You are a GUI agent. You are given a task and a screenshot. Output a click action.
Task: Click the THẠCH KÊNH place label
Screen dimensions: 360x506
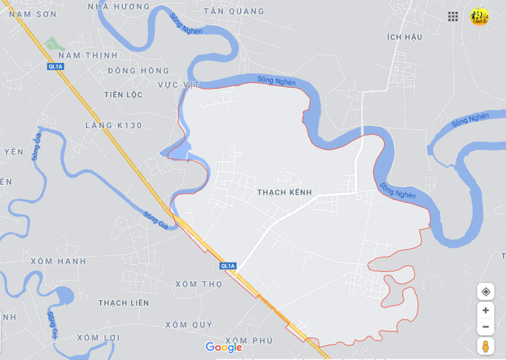(x=284, y=192)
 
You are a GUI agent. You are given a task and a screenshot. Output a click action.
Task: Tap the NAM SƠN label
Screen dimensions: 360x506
(x=32, y=14)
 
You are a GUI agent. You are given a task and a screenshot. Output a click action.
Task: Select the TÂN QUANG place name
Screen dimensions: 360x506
(x=234, y=11)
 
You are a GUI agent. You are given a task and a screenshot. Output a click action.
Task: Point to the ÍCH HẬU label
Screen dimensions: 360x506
(x=405, y=37)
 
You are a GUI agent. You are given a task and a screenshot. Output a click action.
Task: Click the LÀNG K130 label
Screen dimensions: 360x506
(x=114, y=126)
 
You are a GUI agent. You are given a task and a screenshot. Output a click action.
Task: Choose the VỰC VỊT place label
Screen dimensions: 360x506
(x=179, y=85)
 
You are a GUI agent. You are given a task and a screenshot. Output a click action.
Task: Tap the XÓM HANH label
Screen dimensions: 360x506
(x=59, y=261)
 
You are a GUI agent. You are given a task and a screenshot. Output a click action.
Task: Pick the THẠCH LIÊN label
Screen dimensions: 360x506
(x=124, y=303)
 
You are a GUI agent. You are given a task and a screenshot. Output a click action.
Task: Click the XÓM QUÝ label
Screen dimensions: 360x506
(x=189, y=325)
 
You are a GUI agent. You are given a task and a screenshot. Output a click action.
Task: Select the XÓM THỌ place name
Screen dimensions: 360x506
(x=199, y=284)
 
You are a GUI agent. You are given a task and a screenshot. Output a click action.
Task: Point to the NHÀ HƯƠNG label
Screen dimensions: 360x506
(x=119, y=7)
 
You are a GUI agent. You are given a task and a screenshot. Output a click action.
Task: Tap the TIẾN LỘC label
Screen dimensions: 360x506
(x=124, y=95)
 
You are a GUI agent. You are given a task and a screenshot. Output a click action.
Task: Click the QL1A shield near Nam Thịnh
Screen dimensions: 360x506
(x=55, y=66)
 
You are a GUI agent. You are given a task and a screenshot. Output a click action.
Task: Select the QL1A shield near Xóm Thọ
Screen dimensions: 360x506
(x=228, y=266)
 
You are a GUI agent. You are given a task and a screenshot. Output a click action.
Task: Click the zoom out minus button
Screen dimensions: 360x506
(x=485, y=327)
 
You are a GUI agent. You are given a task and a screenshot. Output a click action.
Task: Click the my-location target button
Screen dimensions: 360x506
(x=485, y=292)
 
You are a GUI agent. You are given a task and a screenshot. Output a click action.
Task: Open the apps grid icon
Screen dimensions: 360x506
(x=453, y=17)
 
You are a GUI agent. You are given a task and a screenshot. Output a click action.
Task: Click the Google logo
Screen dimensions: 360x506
(x=224, y=347)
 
